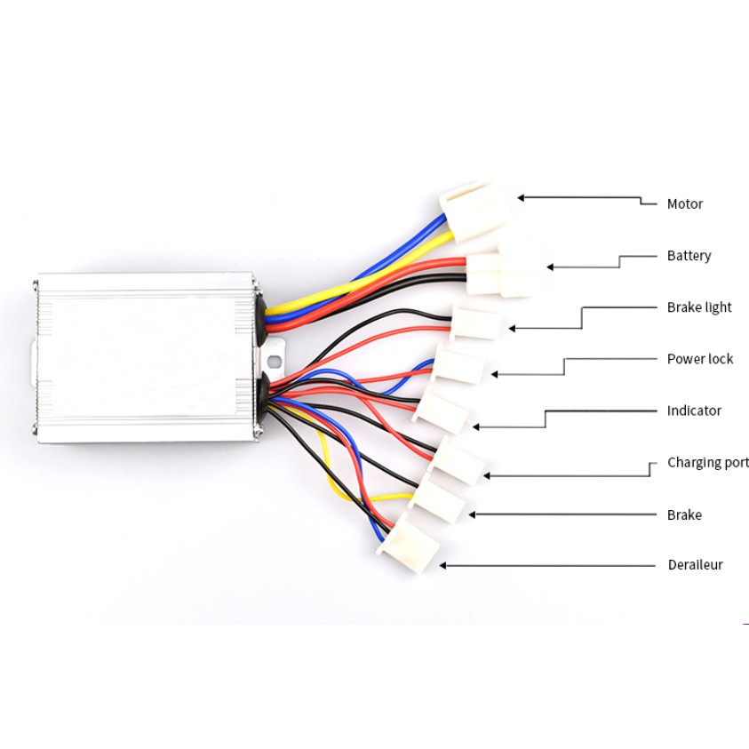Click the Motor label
[x=684, y=204]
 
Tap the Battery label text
[x=689, y=256]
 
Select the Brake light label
[x=699, y=307]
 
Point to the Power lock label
[x=700, y=359]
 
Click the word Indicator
[x=694, y=410]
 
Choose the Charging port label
[x=707, y=463]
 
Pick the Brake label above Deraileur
[x=684, y=515]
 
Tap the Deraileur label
[x=695, y=565]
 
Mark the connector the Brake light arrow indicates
[x=476, y=322]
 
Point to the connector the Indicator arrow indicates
[x=442, y=412]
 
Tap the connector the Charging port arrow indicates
[x=457, y=461]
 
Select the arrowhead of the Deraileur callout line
[x=443, y=565]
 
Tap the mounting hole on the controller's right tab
[x=275, y=361]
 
